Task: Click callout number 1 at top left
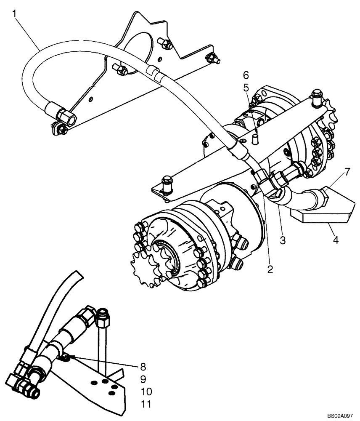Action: click(15, 14)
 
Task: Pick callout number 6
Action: click(246, 75)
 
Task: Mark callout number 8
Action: click(143, 366)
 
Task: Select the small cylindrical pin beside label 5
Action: click(255, 139)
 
